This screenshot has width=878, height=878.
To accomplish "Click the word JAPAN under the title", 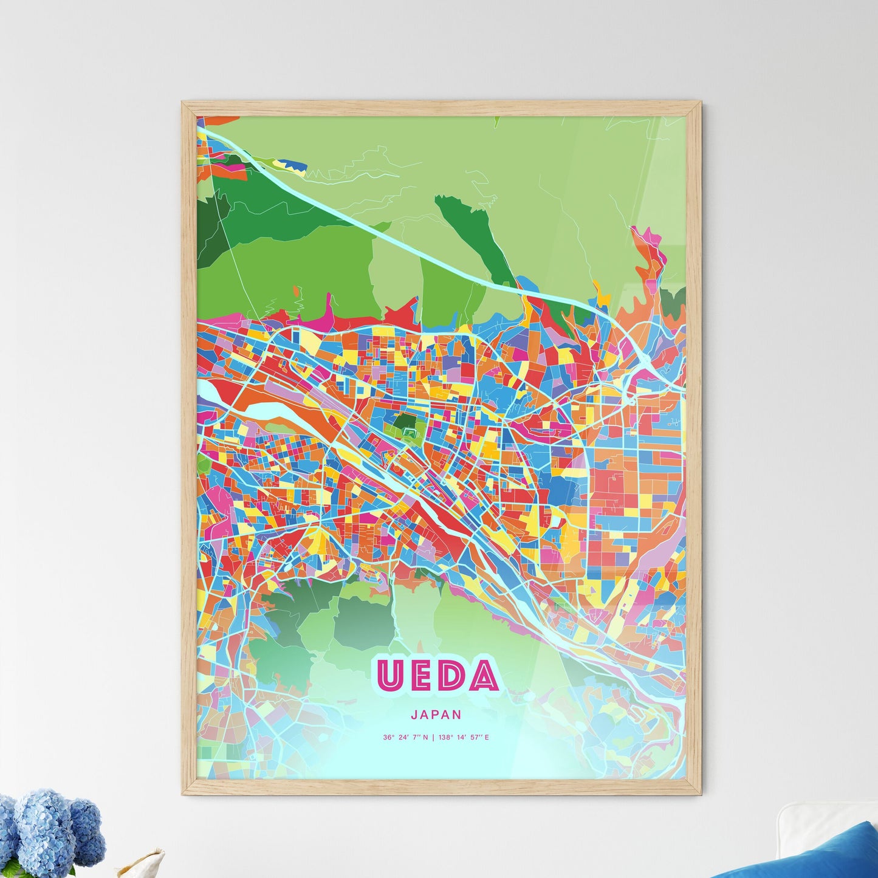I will [436, 715].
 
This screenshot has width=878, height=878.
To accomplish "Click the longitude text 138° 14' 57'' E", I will [464, 738].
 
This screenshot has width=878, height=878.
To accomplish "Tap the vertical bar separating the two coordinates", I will [433, 738].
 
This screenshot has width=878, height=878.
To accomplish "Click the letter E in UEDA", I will [420, 676].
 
